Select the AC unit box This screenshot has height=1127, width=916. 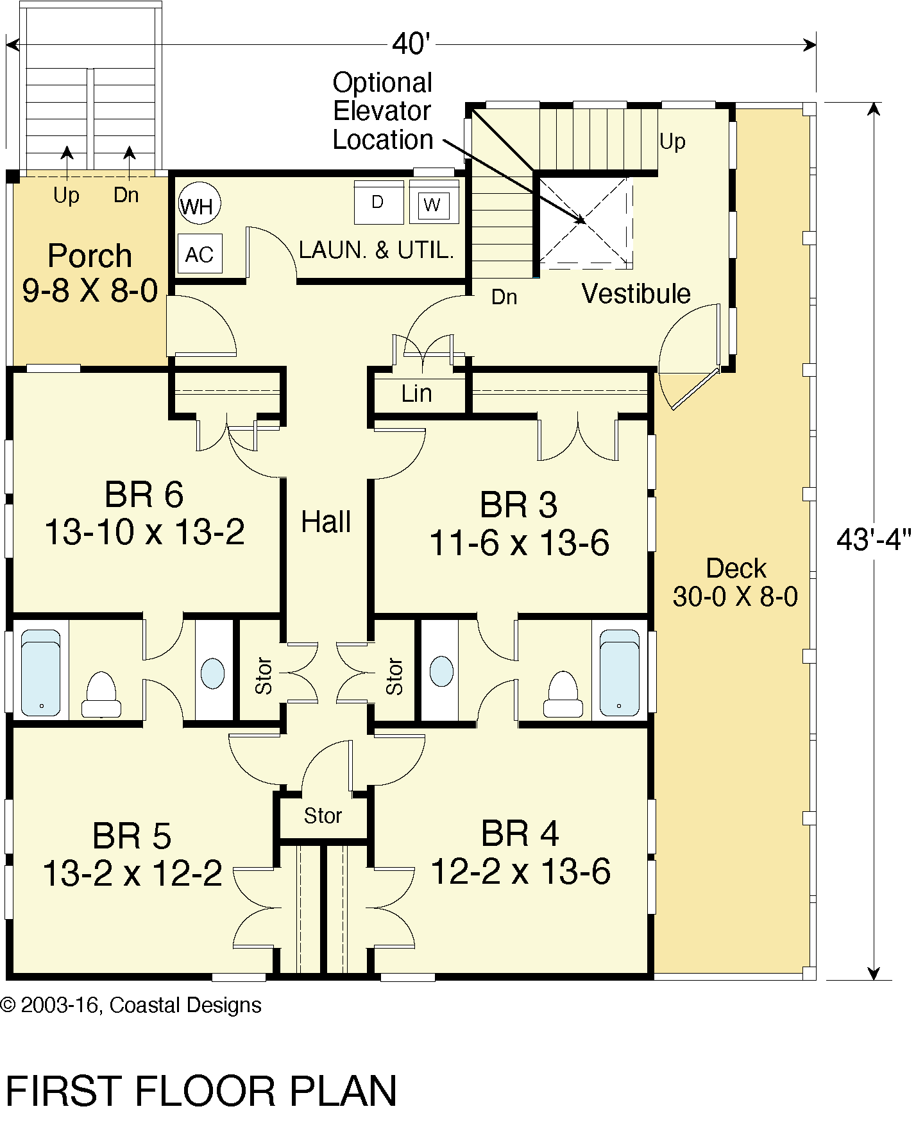tap(199, 254)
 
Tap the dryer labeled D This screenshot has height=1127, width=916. tap(378, 203)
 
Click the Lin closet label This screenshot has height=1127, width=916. tap(416, 393)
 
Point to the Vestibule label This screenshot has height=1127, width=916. tap(636, 294)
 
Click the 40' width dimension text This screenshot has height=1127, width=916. tap(411, 44)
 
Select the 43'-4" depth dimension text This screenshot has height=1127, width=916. tap(873, 540)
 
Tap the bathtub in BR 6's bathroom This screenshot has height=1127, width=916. tap(40, 673)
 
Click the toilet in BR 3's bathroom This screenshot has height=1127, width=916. tap(563, 694)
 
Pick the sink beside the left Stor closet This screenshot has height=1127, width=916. tap(213, 673)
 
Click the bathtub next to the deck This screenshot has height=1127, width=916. tap(619, 673)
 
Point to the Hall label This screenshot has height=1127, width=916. tap(326, 522)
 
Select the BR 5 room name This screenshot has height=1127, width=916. tap(131, 836)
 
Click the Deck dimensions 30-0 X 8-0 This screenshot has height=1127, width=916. tap(735, 598)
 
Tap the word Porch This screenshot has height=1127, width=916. tap(90, 256)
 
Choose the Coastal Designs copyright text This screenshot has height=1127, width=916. tap(131, 1006)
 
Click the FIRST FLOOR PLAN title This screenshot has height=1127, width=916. tap(201, 1092)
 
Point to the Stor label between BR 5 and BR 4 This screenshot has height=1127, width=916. tap(323, 816)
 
